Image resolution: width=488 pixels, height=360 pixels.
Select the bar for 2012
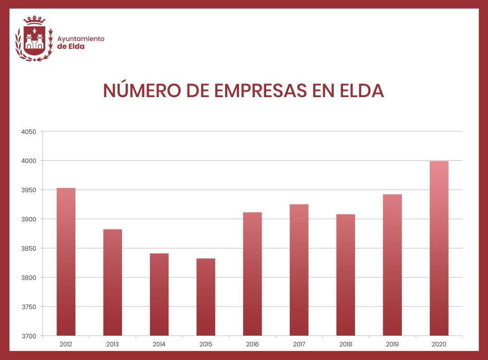click(x=66, y=262)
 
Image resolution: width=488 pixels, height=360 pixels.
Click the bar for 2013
click(x=113, y=282)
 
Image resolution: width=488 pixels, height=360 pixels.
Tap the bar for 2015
click(x=206, y=297)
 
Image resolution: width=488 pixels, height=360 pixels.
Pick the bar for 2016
click(x=252, y=274)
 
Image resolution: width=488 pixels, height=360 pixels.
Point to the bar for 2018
click(x=346, y=275)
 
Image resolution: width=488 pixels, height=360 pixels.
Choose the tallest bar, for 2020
click(x=439, y=248)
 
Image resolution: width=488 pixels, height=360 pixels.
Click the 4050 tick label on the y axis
click(x=28, y=132)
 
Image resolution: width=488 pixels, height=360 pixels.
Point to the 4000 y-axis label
click(x=28, y=161)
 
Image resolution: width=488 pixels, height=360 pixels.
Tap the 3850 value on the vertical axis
click(x=28, y=248)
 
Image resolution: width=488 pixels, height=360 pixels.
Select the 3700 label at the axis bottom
click(x=28, y=336)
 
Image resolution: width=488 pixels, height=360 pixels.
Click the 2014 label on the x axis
click(x=159, y=344)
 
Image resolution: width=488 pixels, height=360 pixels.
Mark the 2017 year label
click(x=299, y=344)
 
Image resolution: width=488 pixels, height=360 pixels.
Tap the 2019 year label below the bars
click(x=392, y=344)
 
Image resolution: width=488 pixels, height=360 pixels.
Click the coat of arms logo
click(x=34, y=42)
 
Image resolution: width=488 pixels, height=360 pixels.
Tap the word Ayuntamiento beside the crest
click(x=81, y=39)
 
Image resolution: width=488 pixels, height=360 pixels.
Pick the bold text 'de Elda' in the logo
click(x=71, y=47)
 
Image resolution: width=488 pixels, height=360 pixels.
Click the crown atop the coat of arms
click(x=34, y=20)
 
